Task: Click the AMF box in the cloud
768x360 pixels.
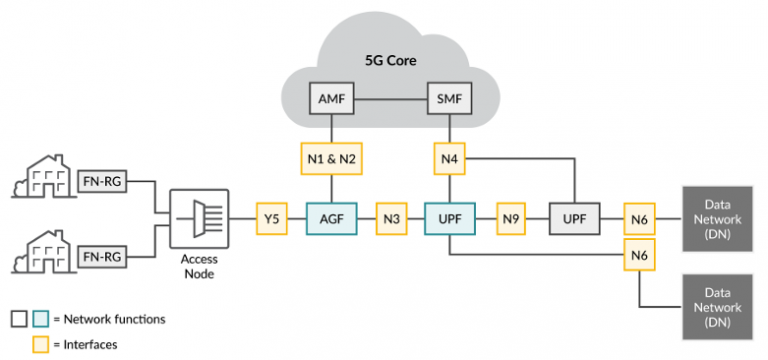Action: point(331,101)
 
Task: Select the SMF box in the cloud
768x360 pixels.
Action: point(448,101)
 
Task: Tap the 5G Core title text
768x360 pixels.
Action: point(390,61)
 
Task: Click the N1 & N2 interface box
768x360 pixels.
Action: point(331,158)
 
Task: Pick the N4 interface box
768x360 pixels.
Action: point(448,158)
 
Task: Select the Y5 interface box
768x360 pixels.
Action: point(270,217)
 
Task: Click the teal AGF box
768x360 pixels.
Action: point(331,217)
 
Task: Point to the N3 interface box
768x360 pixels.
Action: point(390,217)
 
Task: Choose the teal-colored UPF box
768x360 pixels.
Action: point(448,217)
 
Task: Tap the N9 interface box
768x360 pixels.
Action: point(511,217)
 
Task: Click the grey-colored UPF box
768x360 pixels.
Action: point(573,217)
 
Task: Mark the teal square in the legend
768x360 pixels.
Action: point(40,319)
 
